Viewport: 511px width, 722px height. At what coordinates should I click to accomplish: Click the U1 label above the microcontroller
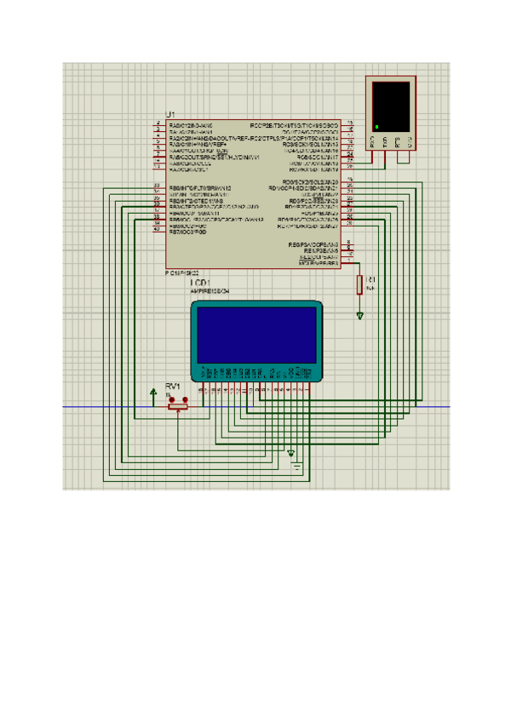tap(170, 114)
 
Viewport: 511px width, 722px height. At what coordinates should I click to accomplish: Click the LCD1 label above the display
tap(200, 282)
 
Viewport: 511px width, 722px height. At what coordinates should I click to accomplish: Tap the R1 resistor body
tap(360, 284)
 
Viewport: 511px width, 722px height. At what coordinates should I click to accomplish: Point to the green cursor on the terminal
tap(376, 128)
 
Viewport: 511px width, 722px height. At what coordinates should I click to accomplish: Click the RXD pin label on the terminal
tap(373, 141)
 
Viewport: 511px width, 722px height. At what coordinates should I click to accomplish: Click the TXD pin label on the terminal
tap(385, 141)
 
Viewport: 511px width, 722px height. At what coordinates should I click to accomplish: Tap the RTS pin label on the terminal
tap(397, 141)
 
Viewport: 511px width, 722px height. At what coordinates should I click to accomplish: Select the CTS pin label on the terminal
tap(409, 141)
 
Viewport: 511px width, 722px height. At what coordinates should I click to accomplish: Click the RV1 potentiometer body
tap(177, 406)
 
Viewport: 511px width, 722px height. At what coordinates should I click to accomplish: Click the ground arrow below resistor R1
tap(360, 316)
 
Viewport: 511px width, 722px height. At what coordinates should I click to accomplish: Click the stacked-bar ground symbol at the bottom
tap(296, 464)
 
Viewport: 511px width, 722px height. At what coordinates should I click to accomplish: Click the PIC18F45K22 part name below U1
tap(182, 272)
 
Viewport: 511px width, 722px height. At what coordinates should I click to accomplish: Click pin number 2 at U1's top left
tap(158, 125)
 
